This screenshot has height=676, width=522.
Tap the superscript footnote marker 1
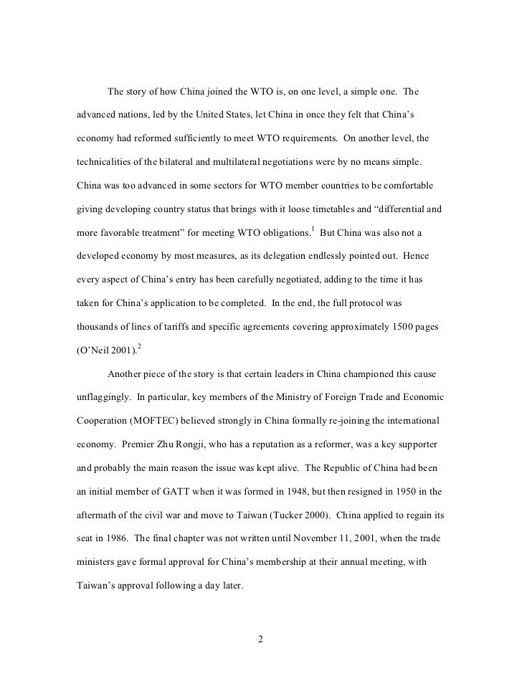pyautogui.click(x=312, y=208)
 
